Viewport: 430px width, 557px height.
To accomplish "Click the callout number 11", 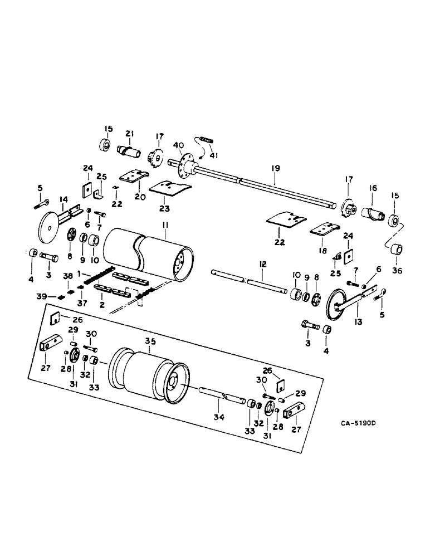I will coord(165,224).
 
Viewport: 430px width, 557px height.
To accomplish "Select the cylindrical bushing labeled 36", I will coord(396,248).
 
